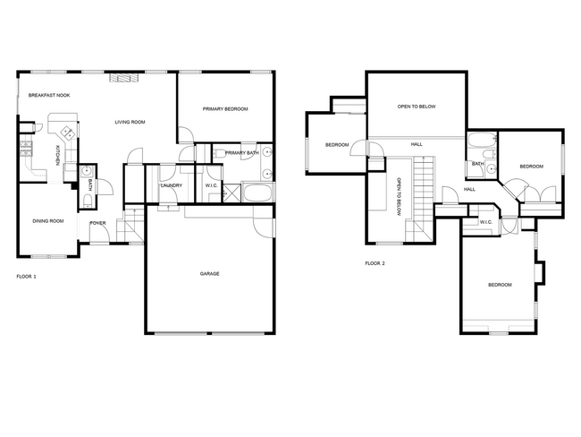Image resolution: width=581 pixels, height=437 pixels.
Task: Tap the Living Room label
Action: (x=130, y=122)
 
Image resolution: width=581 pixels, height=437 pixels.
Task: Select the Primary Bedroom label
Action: (x=224, y=109)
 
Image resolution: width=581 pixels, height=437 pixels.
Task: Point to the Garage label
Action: (x=209, y=274)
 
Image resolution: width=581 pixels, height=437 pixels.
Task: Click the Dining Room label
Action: (x=47, y=220)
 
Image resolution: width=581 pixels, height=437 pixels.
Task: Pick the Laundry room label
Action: (x=171, y=185)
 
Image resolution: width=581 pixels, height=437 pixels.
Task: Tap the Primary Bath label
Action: (x=241, y=153)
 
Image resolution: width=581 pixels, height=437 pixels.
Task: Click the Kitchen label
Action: (x=58, y=156)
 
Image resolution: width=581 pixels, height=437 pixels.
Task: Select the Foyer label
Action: (x=97, y=223)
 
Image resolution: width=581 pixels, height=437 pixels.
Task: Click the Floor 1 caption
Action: (x=27, y=277)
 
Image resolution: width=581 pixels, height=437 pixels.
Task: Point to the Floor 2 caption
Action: (x=375, y=263)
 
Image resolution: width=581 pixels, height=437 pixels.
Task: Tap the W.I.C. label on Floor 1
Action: (x=212, y=185)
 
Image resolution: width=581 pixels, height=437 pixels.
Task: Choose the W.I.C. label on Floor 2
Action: (x=486, y=222)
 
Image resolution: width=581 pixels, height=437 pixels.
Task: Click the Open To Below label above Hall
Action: (x=417, y=107)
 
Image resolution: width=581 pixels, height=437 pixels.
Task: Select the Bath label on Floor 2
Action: (x=477, y=164)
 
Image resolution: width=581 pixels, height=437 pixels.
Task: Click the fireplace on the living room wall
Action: (x=124, y=78)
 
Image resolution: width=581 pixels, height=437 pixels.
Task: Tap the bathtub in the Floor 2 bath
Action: (x=481, y=140)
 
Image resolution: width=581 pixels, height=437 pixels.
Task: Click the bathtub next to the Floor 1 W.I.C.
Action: (x=258, y=193)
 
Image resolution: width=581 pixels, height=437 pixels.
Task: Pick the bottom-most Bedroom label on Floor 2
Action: (x=500, y=285)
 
